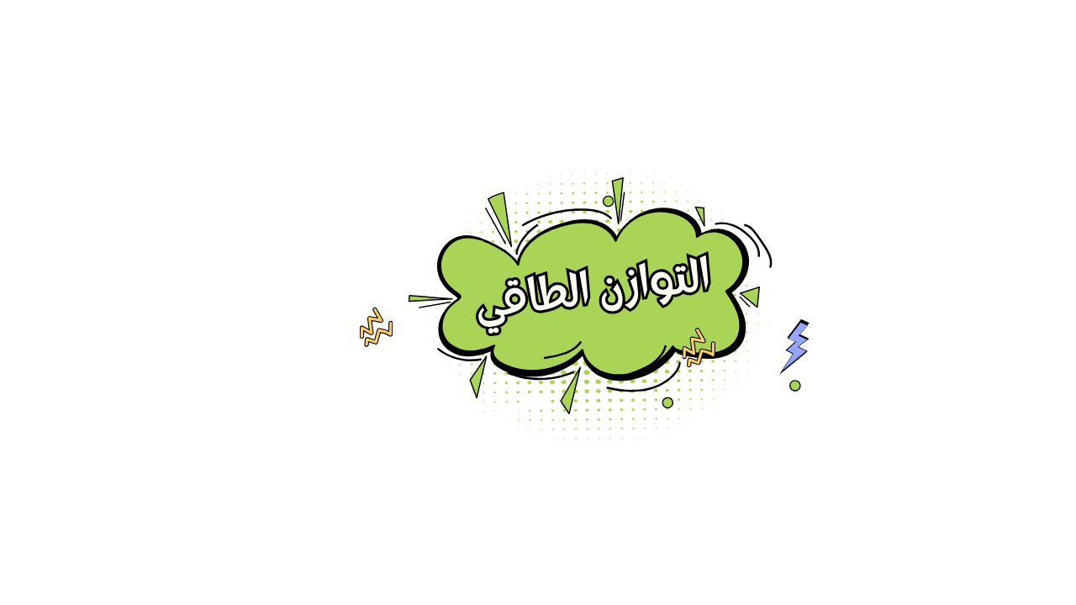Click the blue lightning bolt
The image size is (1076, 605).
pos(795,345)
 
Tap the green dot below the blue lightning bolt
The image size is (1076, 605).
pos(794,386)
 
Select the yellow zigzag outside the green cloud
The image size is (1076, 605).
pos(376,328)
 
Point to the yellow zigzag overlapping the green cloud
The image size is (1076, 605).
pos(698,346)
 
